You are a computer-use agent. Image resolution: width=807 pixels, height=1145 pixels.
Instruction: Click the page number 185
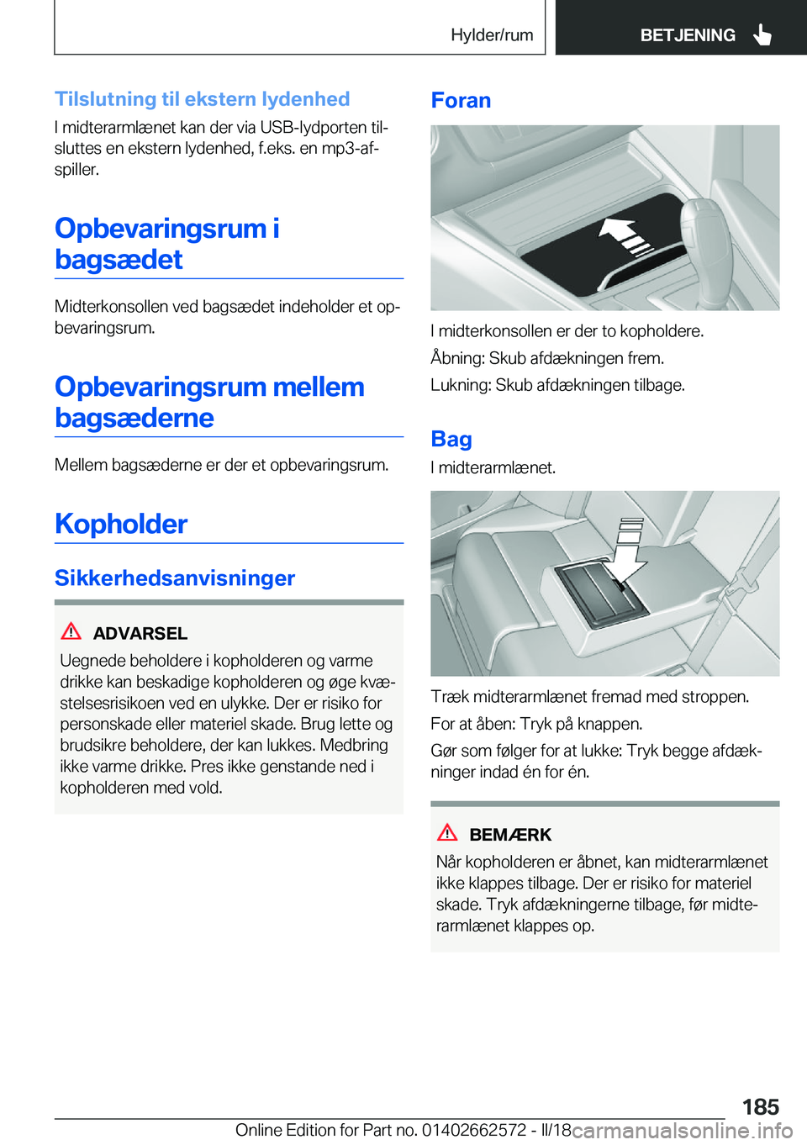coord(760,1106)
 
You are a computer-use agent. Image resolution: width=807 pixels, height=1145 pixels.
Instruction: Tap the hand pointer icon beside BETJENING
coord(762,34)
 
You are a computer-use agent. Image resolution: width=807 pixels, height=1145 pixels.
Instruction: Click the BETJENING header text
coord(687,35)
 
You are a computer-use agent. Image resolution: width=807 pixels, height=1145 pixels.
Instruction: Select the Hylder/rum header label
coord(492,35)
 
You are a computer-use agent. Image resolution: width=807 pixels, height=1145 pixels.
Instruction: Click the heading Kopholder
coord(121,524)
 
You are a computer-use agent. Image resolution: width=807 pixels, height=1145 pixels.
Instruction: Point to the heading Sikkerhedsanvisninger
coord(175,578)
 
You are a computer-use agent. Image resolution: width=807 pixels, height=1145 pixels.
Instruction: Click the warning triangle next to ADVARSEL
coord(71,631)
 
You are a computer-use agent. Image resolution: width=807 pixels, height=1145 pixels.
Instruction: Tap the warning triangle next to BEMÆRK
coord(447,833)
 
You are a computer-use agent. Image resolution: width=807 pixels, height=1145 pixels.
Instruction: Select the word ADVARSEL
coord(140,633)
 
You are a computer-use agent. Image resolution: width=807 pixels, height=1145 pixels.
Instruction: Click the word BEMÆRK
coord(510,835)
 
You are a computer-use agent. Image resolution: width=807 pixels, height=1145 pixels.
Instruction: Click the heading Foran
coord(461,101)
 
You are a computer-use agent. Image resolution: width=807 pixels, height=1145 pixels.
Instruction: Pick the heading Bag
coord(451,440)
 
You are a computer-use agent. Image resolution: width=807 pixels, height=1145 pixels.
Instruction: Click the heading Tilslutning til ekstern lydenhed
coord(203,99)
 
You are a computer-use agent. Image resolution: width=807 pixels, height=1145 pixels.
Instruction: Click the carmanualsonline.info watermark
coord(683,1131)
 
